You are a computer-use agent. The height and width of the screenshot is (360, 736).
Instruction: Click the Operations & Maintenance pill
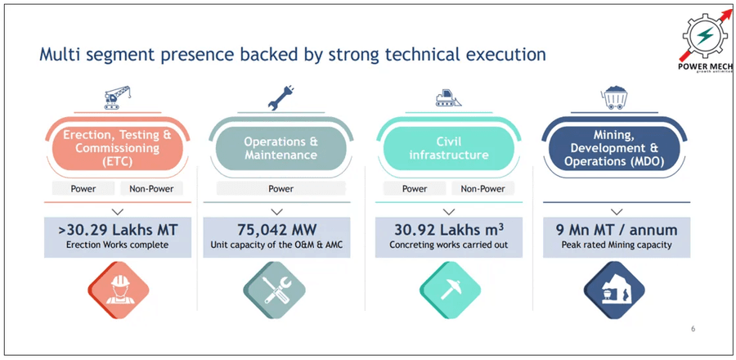(280, 148)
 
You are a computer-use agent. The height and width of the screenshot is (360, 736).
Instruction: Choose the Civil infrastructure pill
(447, 148)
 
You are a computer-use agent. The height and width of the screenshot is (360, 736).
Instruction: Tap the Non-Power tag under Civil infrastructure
(482, 188)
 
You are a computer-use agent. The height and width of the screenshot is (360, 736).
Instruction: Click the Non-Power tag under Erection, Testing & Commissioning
(152, 188)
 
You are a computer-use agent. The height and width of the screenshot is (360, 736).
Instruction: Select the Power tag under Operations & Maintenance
(280, 188)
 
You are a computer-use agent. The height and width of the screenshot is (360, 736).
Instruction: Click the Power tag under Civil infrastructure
(415, 188)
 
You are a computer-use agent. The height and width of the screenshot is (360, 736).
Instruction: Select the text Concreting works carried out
(447, 245)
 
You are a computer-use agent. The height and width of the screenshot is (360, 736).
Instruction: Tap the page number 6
(693, 329)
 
